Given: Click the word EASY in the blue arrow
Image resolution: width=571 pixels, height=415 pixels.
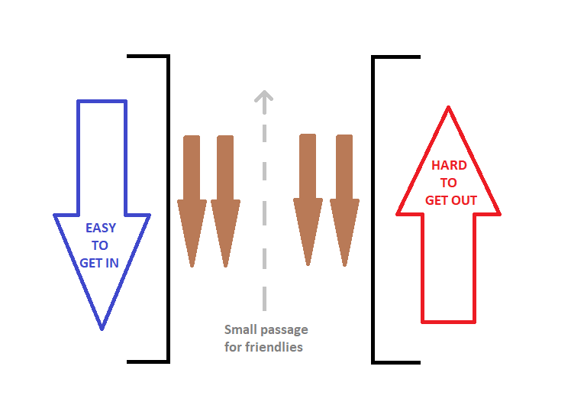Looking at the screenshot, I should [101, 228].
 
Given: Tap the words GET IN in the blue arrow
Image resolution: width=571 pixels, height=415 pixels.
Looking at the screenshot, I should [99, 263].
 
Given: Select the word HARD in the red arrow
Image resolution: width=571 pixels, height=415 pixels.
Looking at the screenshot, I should [449, 165].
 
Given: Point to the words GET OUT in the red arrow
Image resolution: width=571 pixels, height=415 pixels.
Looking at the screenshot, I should [450, 200].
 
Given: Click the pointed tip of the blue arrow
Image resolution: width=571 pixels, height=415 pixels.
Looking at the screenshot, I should [102, 329].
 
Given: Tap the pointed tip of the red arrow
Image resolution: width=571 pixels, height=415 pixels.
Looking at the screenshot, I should [448, 108].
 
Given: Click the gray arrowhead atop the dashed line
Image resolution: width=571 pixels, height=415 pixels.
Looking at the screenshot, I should [264, 96].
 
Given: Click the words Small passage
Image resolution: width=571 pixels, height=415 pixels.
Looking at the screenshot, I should [266, 329].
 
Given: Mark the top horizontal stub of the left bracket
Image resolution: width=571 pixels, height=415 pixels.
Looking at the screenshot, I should [147, 56].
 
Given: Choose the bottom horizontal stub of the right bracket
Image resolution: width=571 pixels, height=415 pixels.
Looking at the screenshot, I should [396, 362].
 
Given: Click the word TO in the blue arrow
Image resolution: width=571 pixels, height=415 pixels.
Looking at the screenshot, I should [100, 245].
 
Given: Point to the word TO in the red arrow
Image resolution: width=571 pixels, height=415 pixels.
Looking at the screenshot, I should [448, 183].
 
